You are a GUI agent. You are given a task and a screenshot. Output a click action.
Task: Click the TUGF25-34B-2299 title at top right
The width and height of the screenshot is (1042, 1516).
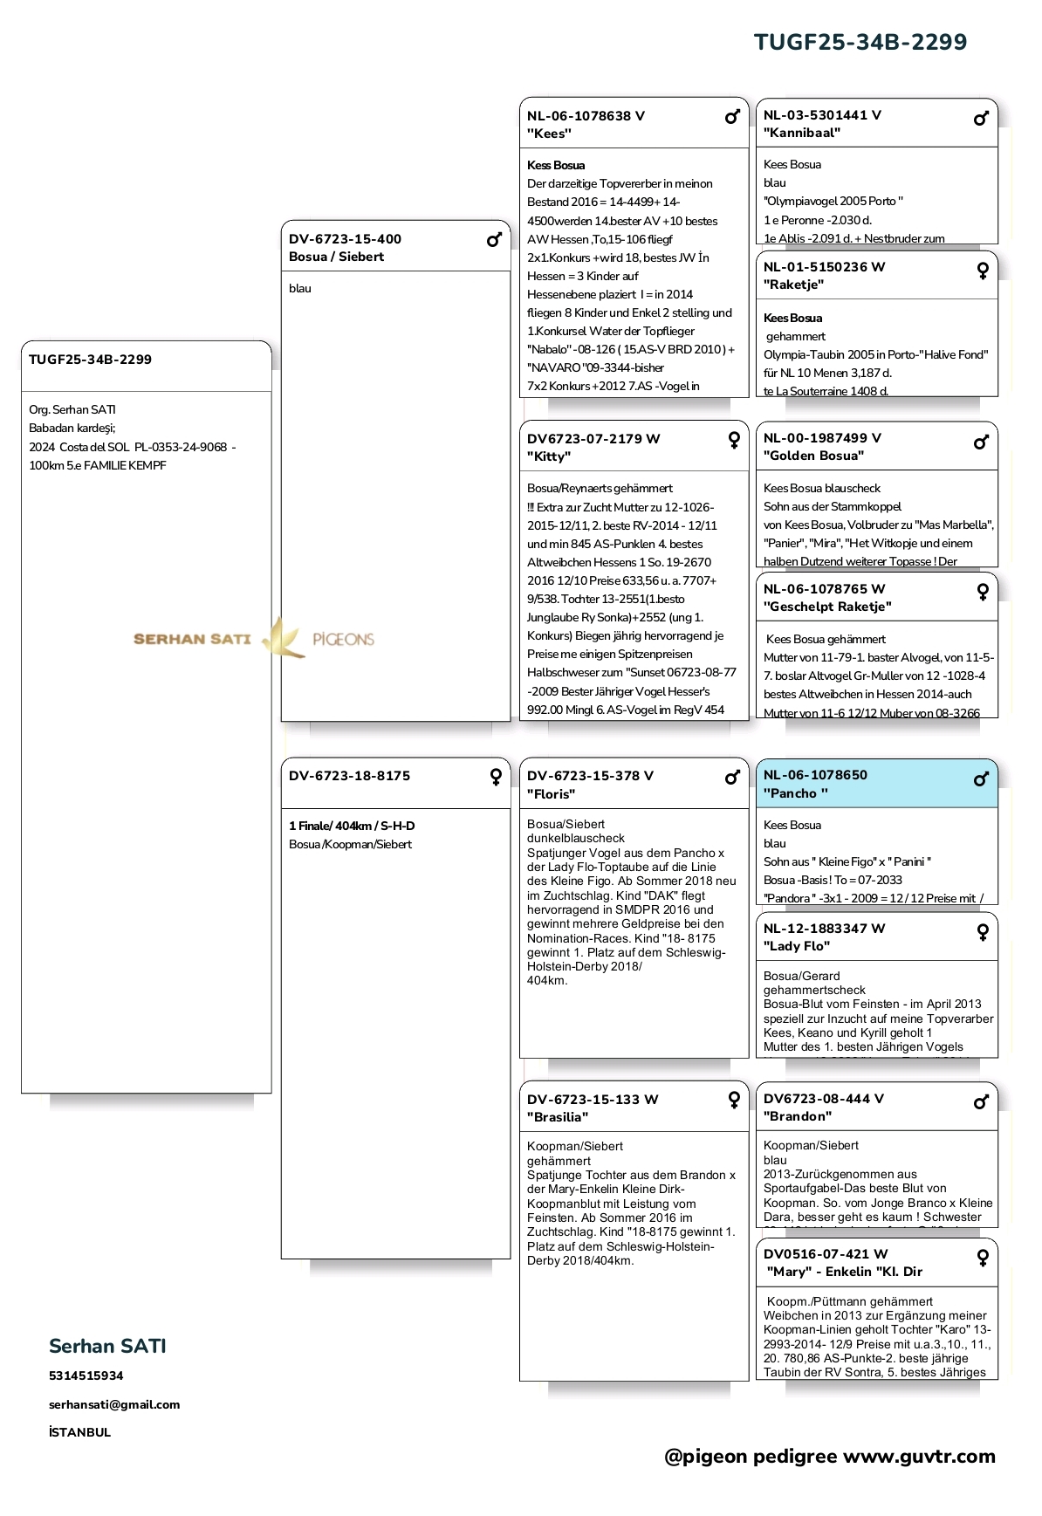point(860,42)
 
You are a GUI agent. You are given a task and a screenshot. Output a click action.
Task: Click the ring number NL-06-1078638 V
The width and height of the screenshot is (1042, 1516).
point(586,116)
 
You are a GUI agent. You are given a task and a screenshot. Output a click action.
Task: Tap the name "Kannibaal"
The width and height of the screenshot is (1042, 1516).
point(802,133)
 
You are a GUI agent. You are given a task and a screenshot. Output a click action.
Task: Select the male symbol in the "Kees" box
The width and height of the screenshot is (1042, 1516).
point(732,117)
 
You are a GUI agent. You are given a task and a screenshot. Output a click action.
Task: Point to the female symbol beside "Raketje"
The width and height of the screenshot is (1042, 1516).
point(983,270)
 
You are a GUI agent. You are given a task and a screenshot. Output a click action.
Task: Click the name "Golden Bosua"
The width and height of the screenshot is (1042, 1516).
point(813,456)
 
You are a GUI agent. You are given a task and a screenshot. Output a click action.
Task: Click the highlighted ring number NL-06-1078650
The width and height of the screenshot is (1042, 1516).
point(815,775)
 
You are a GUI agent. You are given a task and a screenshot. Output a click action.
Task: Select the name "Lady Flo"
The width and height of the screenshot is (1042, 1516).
point(797,946)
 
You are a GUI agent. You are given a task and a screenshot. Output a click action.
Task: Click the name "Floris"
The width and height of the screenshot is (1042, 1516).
point(551,794)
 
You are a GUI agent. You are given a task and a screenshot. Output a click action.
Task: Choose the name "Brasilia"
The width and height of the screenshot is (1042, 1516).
point(558,1117)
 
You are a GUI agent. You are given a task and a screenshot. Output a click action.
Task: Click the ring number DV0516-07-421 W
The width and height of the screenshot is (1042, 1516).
point(825,1254)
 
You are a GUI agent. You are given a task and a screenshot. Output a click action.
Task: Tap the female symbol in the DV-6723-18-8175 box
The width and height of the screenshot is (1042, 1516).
point(496,777)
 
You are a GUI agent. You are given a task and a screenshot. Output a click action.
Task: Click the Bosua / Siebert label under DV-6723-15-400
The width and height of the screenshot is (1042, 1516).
point(336,257)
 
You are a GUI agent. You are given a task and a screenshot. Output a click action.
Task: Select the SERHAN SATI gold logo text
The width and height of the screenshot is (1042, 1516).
point(192,639)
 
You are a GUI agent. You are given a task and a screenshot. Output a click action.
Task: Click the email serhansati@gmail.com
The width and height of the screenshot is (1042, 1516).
point(114,1404)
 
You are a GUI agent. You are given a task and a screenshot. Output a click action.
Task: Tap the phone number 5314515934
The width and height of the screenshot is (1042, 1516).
point(86,1375)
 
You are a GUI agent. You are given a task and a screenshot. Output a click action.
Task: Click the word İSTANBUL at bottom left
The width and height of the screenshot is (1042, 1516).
point(80,1432)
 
